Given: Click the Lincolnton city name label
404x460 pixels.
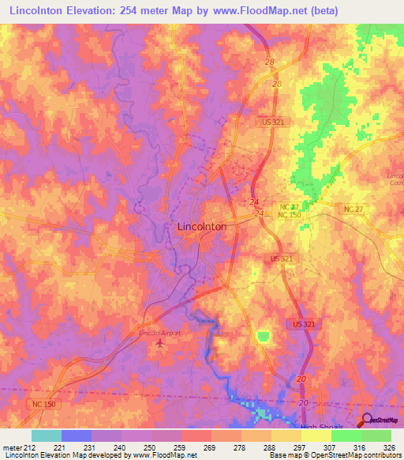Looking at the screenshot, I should [x=199, y=226].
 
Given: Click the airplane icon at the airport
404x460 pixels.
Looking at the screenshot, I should [x=162, y=343].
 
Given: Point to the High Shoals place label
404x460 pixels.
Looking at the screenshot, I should [x=323, y=427].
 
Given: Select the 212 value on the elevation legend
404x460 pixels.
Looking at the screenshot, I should [x=24, y=447].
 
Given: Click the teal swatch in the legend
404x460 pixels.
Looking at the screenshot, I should [x=46, y=435].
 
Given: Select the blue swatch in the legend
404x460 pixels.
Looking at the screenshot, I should [x=76, y=435].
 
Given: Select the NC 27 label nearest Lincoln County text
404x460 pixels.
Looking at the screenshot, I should [x=354, y=208].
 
